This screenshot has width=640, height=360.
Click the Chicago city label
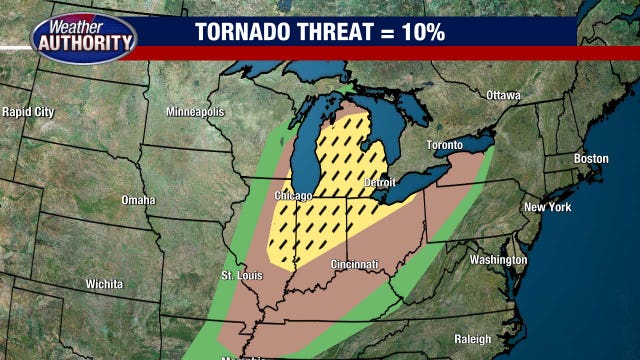coord(294,195)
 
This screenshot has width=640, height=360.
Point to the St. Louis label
coord(241,275)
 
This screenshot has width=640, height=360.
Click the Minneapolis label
coord(194,111)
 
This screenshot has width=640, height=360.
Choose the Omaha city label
coord(138,200)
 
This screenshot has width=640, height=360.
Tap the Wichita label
coord(105,284)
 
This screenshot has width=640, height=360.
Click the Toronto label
coord(445,145)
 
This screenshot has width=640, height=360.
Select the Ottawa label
coord(503,95)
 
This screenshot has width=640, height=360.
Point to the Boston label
coord(590,159)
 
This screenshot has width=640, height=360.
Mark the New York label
coord(547,207)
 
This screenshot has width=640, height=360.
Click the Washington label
coord(498,260)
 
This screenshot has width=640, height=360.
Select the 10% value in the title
coord(421,31)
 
